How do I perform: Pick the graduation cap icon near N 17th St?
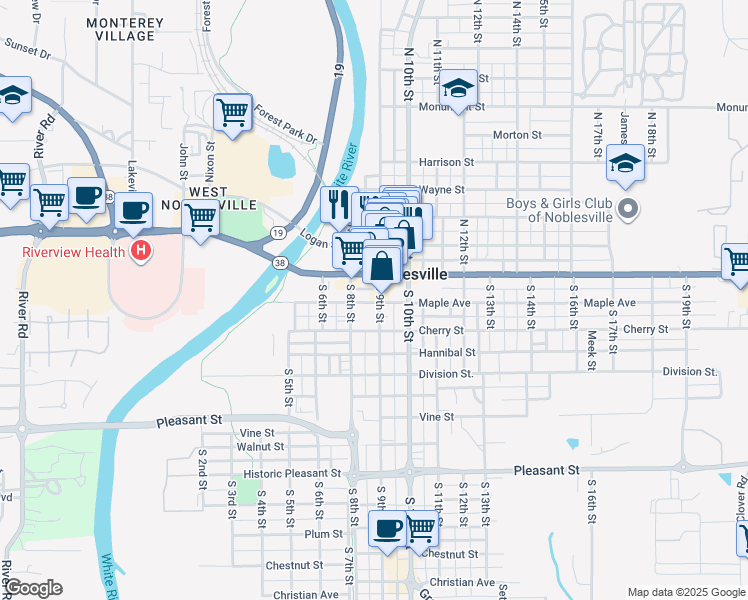(x=626, y=164)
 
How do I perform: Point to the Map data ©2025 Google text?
(x=685, y=592)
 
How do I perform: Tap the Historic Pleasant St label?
(x=292, y=474)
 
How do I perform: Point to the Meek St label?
(x=592, y=351)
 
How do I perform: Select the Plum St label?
(x=324, y=534)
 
